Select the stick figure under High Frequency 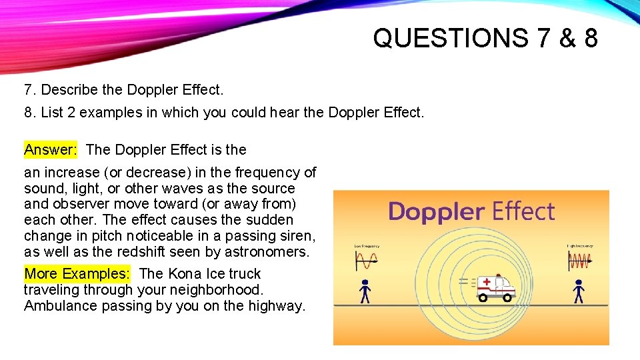[x=578, y=291]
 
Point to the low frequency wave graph [x=366, y=261]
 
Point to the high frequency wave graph [x=579, y=261]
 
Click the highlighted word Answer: [x=51, y=149]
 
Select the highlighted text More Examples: [x=77, y=273]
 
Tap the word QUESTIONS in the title [x=451, y=38]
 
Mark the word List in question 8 [x=51, y=113]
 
